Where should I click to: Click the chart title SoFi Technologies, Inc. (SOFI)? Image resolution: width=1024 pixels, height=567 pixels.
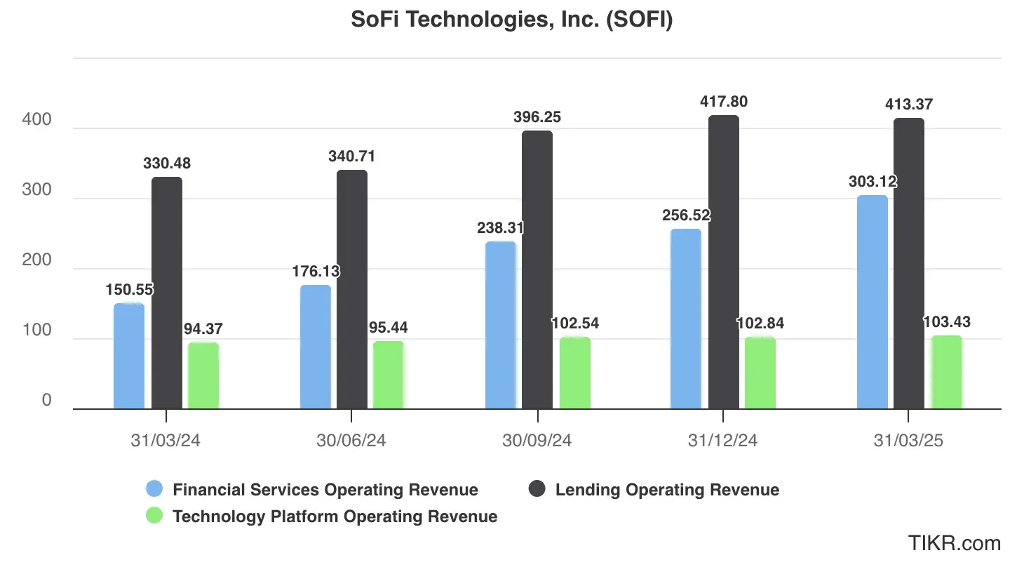512,20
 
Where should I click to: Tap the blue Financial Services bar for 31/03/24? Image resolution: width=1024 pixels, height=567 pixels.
129,356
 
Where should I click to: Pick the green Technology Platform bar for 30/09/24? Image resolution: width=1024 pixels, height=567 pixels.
574,373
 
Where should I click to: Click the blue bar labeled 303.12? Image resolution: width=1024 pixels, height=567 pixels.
872,302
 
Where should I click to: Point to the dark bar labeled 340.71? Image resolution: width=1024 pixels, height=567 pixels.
352,289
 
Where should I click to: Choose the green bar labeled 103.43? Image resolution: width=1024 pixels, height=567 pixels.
946,373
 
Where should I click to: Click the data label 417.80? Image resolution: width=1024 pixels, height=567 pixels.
723,102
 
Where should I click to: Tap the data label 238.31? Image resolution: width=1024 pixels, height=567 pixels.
500,228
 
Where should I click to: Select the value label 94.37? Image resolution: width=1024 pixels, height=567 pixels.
203,328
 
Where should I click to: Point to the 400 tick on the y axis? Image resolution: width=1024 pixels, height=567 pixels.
36,120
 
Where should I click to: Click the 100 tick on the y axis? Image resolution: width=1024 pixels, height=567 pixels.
36,331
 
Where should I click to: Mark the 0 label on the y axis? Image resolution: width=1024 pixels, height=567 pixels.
46,400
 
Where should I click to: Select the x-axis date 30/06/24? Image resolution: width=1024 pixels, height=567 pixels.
351,441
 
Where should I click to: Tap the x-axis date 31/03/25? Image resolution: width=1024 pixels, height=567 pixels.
909,441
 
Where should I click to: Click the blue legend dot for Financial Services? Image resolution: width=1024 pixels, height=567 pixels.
154,489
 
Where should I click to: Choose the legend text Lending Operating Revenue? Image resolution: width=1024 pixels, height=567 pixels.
667,490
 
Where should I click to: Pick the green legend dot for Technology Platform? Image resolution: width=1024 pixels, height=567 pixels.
154,516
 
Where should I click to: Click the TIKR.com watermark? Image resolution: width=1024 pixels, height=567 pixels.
954,542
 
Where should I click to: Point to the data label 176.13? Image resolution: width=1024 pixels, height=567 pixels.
314,272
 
